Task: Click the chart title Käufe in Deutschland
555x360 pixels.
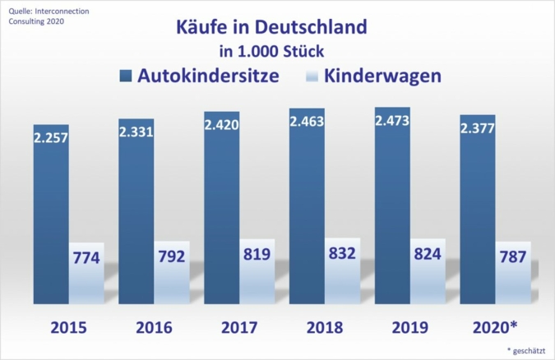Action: pos(271,26)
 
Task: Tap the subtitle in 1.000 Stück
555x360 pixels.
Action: pos(271,52)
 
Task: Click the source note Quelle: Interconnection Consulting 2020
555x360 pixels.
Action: pos(38,16)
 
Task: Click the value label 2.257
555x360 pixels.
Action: pos(52,136)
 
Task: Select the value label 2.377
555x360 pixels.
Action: pos(479,127)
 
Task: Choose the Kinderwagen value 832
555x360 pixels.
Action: pos(341,253)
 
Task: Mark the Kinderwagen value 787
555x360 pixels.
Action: pos(513,257)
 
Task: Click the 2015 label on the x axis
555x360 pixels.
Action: pos(69,327)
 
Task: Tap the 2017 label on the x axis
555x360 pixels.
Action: pos(239,327)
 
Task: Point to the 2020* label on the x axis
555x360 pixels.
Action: pos(496,327)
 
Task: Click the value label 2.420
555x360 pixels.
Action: pos(222,126)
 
